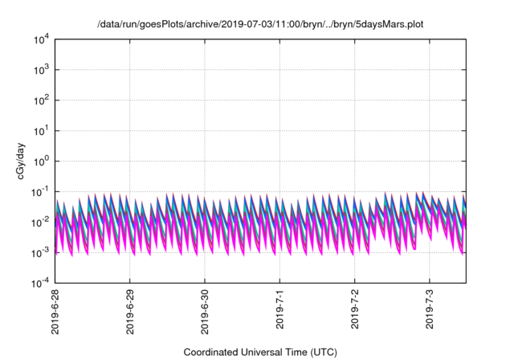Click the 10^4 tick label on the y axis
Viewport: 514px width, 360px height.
tap(41, 39)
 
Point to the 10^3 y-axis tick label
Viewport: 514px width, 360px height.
tap(41, 69)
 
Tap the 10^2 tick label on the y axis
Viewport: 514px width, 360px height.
tap(41, 100)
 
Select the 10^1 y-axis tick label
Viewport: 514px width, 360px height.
tap(41, 130)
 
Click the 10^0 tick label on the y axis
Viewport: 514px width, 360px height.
tap(41, 161)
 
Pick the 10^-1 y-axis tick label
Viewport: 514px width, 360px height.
tap(40, 191)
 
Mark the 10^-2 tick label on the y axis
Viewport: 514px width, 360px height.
tap(40, 222)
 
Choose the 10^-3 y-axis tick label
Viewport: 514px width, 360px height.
tap(40, 252)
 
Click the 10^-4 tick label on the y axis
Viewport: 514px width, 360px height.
tap(40, 283)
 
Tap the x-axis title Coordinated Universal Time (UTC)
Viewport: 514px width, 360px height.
tap(260, 352)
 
